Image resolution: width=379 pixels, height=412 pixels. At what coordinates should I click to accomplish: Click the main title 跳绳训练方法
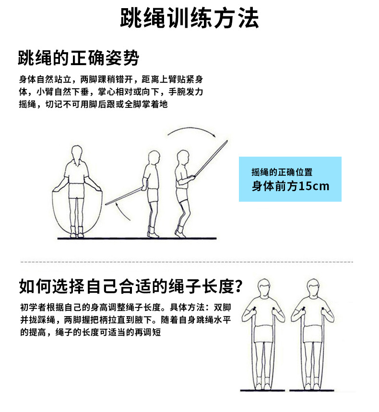coord(189,19)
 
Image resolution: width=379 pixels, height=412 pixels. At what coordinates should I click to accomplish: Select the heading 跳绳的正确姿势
coord(78,58)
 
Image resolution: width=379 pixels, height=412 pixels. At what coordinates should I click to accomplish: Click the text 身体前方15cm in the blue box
coord(290,186)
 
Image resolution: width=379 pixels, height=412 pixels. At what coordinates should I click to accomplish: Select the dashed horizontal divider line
coord(187,262)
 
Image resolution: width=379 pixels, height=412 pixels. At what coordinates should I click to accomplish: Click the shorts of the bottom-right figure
coord(314,333)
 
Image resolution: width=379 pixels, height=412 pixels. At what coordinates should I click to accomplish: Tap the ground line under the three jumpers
coord(137,239)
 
